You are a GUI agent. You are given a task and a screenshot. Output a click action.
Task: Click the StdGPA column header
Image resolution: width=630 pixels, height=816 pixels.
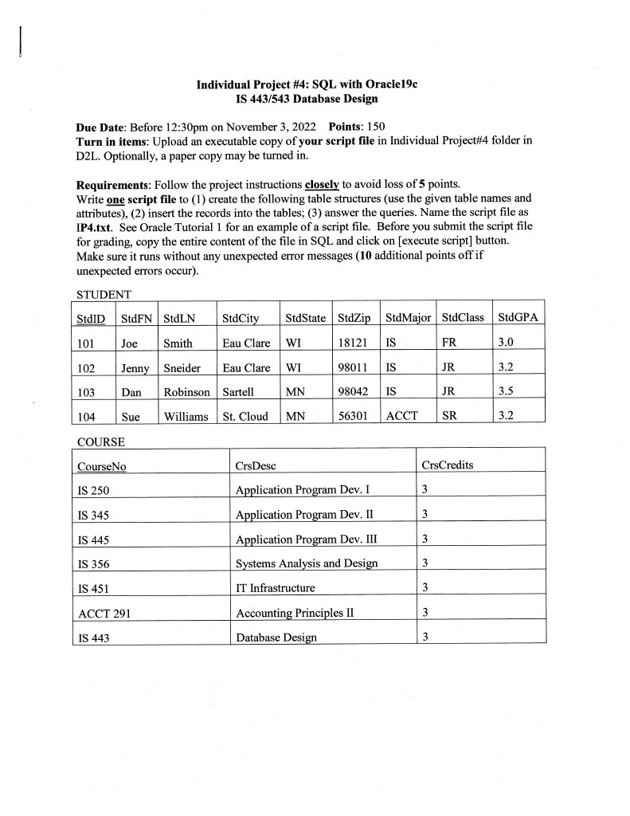(518, 318)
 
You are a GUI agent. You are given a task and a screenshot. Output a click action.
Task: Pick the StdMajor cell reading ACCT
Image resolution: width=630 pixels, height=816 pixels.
(401, 415)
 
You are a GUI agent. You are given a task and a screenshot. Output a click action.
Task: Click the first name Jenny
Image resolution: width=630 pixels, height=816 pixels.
(135, 368)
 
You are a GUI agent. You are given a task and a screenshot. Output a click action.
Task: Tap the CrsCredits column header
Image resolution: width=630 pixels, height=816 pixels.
(447, 465)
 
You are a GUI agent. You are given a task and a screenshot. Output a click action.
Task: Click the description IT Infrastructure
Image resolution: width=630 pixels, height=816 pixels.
(276, 588)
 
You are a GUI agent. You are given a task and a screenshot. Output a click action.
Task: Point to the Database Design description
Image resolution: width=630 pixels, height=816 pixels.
(276, 637)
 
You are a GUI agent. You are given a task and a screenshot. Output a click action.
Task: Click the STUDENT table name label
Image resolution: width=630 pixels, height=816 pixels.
(104, 295)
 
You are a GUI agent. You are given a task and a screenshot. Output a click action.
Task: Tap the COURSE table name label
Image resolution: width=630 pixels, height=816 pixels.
(101, 441)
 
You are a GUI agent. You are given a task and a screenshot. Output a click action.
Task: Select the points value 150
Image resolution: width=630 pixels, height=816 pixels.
(376, 127)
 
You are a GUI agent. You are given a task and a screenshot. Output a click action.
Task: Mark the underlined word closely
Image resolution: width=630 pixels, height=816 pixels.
(322, 183)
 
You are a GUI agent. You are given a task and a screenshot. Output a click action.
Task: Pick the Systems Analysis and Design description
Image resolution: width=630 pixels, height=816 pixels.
(307, 564)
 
